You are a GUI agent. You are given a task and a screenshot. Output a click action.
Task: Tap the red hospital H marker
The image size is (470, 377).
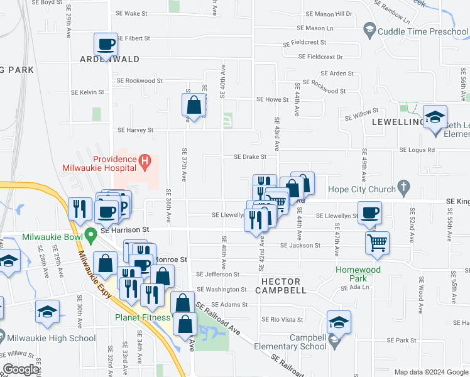(146, 163)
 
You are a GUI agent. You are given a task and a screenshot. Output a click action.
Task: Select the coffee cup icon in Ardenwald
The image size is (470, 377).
(106, 45)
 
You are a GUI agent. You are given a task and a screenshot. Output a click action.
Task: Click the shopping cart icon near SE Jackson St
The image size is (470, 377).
(377, 242)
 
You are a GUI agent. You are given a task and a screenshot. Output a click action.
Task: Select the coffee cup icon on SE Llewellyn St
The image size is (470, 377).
(369, 212)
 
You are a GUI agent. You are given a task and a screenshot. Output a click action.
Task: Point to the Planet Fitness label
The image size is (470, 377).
(142, 317)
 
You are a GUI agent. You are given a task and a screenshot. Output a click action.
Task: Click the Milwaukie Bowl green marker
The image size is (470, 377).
(90, 236)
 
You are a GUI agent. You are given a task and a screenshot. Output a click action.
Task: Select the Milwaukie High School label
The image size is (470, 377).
(52, 338)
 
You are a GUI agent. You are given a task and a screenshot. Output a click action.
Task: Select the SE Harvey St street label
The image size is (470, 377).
(135, 130)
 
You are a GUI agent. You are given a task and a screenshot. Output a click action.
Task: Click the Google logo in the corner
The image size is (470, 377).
(20, 369)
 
